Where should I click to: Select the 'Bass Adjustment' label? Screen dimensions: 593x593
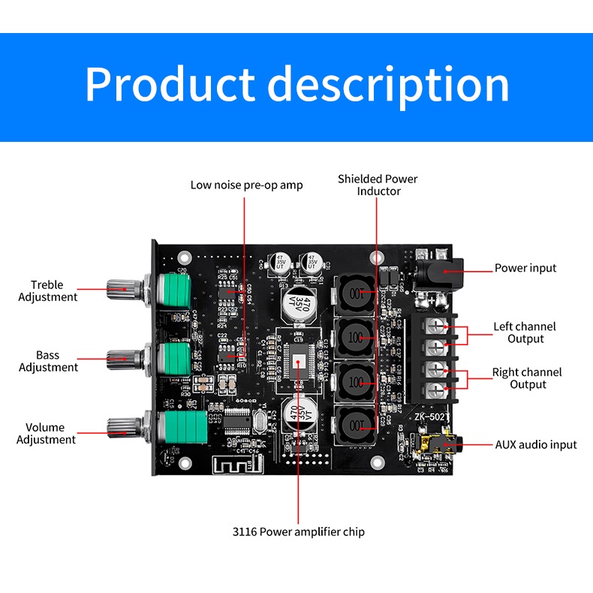coord(48,361)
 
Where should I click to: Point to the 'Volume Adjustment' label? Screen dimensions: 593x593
coord(46,433)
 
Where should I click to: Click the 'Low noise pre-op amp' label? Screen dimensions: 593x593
coord(246,185)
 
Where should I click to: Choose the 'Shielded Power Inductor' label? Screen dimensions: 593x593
coord(378,185)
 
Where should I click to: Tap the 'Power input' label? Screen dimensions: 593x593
coord(525,268)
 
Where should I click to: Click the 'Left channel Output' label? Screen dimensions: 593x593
coord(525,333)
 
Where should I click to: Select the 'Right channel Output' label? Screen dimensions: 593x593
coord(527,378)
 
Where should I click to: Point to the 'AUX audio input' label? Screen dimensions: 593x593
coord(536,444)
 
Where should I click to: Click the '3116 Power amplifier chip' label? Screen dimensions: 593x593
coord(299,531)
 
